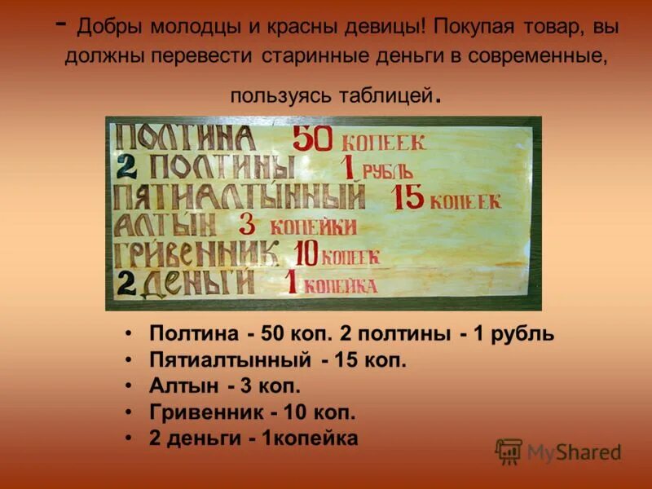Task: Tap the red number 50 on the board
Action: click(x=312, y=139)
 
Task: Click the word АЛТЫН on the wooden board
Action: click(x=165, y=225)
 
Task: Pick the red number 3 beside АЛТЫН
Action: click(x=248, y=224)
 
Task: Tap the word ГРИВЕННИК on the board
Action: click(x=196, y=253)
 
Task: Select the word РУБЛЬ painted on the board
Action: click(x=387, y=171)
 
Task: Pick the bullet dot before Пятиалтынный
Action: click(x=130, y=359)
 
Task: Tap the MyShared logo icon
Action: click(x=509, y=451)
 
